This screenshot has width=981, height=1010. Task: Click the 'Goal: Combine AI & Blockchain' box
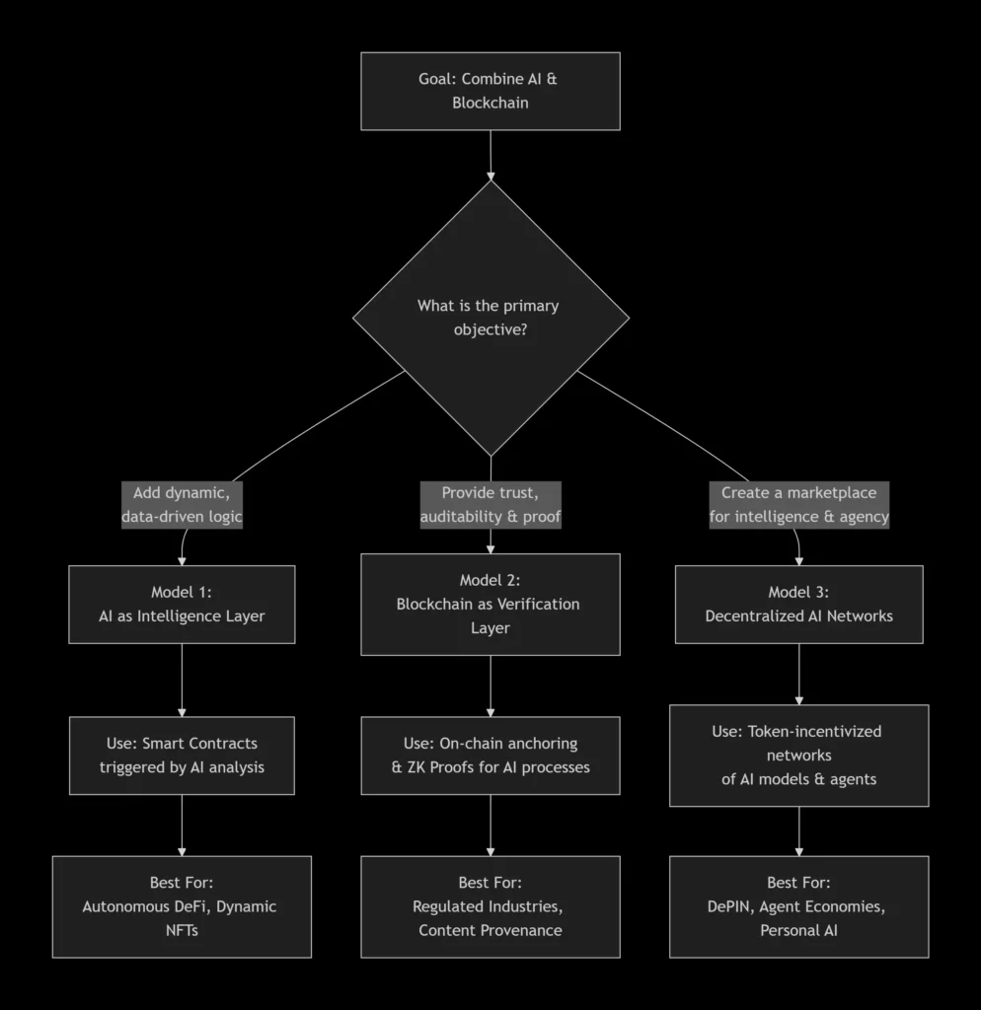pyautogui.click(x=490, y=91)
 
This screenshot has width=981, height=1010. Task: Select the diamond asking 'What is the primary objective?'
pyautogui.click(x=490, y=318)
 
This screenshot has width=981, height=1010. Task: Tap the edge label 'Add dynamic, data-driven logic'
pyautogui.click(x=182, y=505)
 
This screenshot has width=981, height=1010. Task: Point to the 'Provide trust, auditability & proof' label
pyautogui.click(x=490, y=505)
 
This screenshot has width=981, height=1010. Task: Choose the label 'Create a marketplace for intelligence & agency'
pyautogui.click(x=798, y=505)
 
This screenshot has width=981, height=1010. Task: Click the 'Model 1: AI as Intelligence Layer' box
pyautogui.click(x=182, y=604)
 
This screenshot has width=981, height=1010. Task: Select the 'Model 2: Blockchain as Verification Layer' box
pyautogui.click(x=490, y=604)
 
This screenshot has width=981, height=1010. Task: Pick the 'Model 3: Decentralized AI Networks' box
pyautogui.click(x=798, y=604)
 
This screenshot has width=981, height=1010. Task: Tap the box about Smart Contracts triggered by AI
pyautogui.click(x=182, y=756)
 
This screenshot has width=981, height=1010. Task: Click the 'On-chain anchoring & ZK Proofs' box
pyautogui.click(x=490, y=756)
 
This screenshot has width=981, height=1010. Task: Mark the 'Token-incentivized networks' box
pyautogui.click(x=798, y=756)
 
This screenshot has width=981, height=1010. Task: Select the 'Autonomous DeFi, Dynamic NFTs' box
pyautogui.click(x=182, y=906)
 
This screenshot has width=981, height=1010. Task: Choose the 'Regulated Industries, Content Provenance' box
pyautogui.click(x=490, y=906)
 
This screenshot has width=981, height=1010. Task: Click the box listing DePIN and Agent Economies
pyautogui.click(x=798, y=906)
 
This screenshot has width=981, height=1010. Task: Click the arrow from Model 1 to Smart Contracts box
pyautogui.click(x=182, y=680)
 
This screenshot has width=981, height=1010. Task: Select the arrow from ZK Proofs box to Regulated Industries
pyautogui.click(x=490, y=825)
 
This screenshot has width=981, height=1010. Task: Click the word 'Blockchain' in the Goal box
pyautogui.click(x=490, y=103)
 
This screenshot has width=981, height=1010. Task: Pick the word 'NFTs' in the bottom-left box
pyautogui.click(x=182, y=929)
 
